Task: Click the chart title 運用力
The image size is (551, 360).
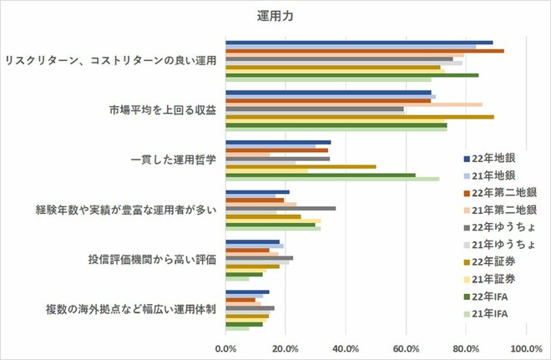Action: (276, 15)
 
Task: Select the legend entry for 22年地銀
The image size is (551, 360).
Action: (493, 159)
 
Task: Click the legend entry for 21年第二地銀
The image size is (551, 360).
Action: (498, 210)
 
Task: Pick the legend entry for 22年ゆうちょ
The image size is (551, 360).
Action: (498, 227)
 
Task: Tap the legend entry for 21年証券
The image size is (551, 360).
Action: (493, 279)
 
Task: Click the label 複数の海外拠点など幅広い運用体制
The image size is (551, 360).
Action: (130, 309)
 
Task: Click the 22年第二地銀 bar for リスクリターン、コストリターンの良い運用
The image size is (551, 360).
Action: (364, 51)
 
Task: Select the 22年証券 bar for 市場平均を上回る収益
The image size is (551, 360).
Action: (359, 117)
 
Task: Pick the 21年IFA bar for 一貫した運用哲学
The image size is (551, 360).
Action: (332, 179)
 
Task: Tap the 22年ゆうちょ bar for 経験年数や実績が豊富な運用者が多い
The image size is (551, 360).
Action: (281, 209)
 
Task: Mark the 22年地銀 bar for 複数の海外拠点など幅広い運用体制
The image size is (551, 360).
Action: (247, 292)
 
